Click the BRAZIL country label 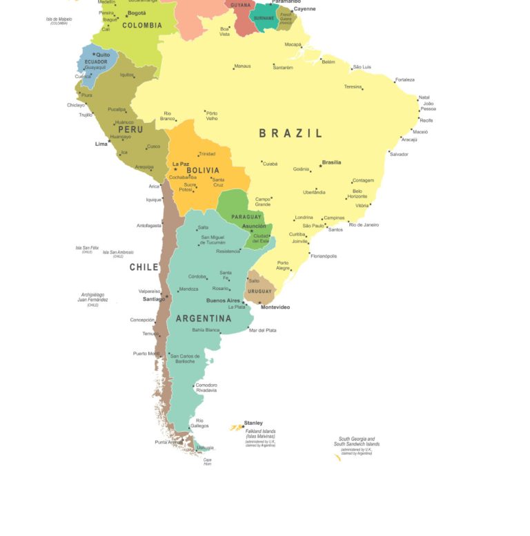tap(291, 133)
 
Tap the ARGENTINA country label tap(204, 318)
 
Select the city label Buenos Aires tap(223, 300)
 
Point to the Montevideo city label tap(275, 307)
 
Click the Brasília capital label tap(331, 162)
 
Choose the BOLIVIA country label tap(202, 170)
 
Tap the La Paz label tap(181, 164)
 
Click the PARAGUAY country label tap(246, 217)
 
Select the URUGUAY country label tap(260, 291)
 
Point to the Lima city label tap(101, 144)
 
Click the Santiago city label tap(153, 299)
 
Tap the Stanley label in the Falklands tap(253, 423)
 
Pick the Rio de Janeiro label tap(364, 224)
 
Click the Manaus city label tap(242, 66)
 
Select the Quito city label tap(103, 55)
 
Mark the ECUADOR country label tap(96, 61)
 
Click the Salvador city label tap(399, 154)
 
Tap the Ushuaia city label tap(205, 448)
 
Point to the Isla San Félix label tap(87, 247)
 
